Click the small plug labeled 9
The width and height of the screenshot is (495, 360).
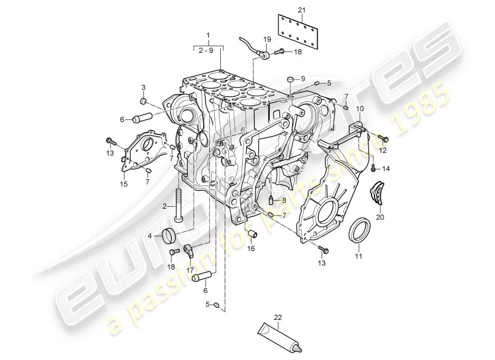pyautogui.click(x=290, y=80)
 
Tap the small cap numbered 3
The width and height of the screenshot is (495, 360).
pyautogui.click(x=144, y=100)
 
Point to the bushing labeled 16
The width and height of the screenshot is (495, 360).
pyautogui.click(x=252, y=234)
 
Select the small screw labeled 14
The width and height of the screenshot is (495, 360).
pyautogui.click(x=373, y=168)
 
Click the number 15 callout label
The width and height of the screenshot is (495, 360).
pyautogui.click(x=123, y=184)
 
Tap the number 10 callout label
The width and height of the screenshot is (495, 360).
pyautogui.click(x=360, y=109)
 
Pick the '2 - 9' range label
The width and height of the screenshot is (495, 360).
pyautogui.click(x=208, y=51)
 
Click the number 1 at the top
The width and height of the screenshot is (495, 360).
pyautogui.click(x=208, y=35)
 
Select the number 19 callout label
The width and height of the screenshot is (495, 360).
pyautogui.click(x=267, y=39)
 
